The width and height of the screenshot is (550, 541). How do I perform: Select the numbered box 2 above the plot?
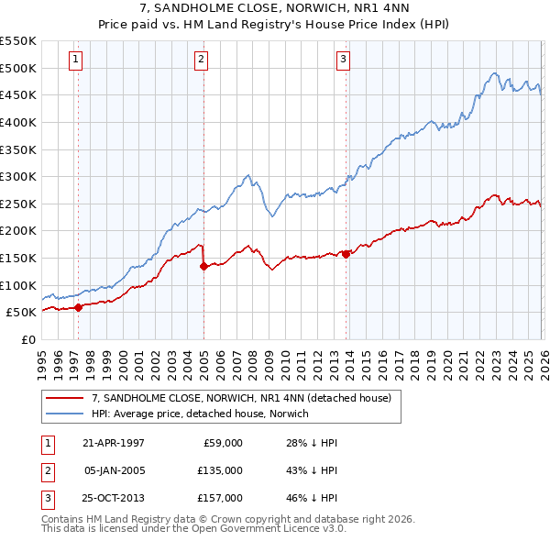[201, 61]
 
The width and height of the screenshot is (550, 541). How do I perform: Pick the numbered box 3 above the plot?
[343, 61]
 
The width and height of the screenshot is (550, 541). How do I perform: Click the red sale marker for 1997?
[79, 307]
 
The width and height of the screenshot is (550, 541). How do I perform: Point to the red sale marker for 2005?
[203, 267]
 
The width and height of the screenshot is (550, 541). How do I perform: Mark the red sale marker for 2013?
[346, 255]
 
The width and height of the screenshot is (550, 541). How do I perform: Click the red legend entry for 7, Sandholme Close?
[241, 398]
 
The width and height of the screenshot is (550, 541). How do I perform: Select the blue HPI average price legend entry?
[200, 414]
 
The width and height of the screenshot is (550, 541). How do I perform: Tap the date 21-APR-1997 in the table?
[114, 443]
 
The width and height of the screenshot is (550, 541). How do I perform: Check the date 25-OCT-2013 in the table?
[114, 498]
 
